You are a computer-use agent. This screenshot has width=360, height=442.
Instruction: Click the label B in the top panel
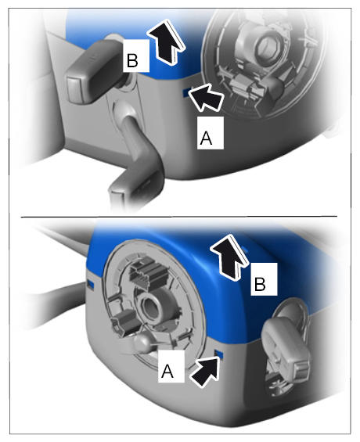pos(136,56)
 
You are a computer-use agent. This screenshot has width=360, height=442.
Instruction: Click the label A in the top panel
pos(211,133)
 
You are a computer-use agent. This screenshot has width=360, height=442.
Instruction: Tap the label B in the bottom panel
pos(264,279)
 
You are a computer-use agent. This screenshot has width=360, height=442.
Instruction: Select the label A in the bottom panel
pos(171,366)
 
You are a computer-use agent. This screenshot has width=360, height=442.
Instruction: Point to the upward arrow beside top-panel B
pos(166,41)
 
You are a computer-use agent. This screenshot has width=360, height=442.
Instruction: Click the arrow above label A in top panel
pos(206,98)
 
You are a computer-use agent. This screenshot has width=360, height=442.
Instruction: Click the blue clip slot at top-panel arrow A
pos(186,92)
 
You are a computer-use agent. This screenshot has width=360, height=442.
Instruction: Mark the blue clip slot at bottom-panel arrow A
pos(219,354)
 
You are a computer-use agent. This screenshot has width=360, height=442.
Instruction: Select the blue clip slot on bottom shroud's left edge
pos(91,283)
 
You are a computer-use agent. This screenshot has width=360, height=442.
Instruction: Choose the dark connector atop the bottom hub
pos(146,270)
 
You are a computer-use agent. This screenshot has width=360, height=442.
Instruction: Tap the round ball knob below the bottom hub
pos(142,343)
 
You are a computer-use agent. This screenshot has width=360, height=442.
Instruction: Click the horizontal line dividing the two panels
pos(179,217)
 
